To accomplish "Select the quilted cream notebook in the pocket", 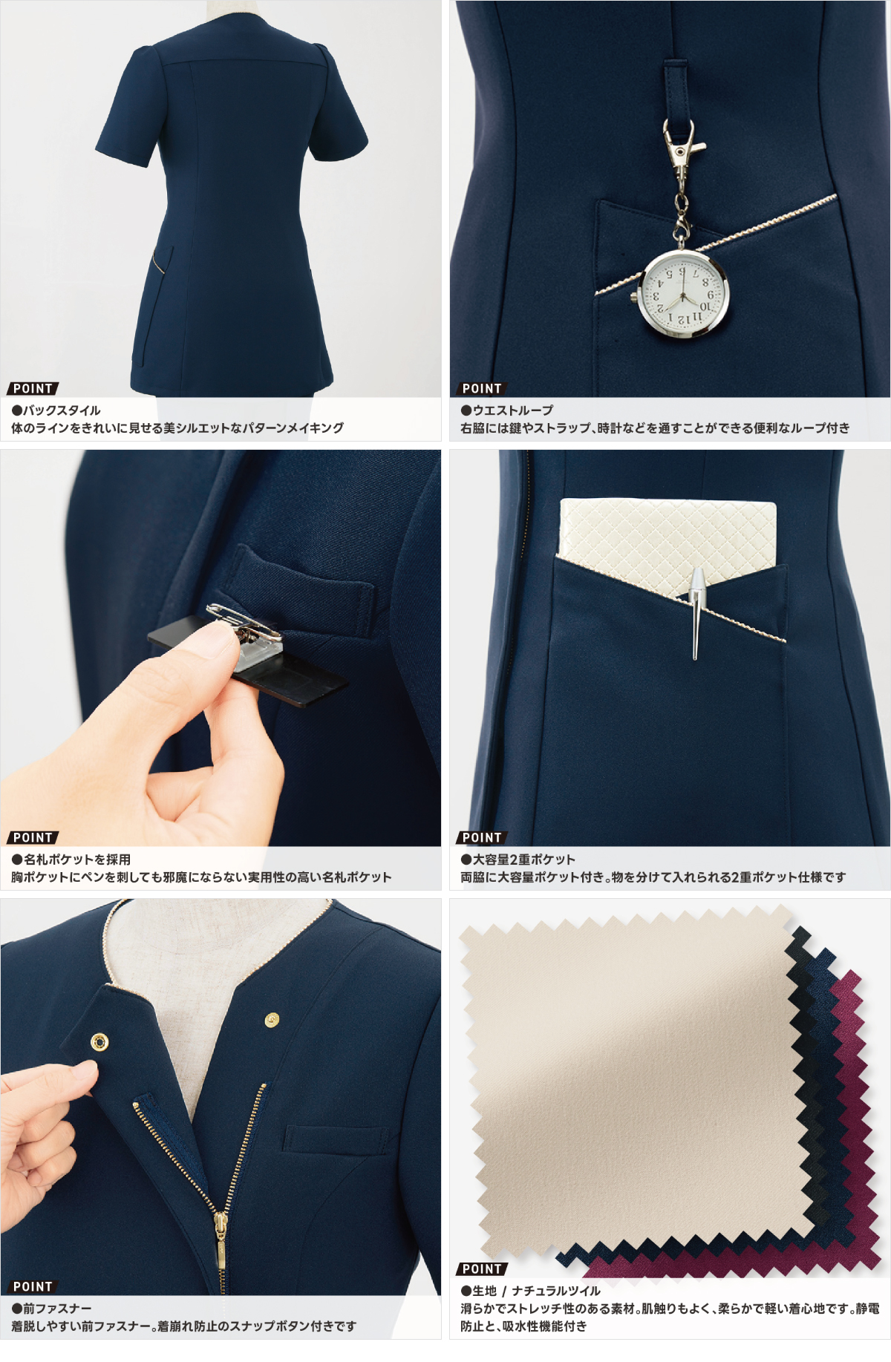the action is coord(668,546).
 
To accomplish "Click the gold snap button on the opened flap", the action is coord(98,1043).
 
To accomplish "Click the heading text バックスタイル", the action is coord(62,410).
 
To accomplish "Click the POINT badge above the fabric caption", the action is coord(482,1269).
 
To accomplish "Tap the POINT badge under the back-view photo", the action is coord(33,389).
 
